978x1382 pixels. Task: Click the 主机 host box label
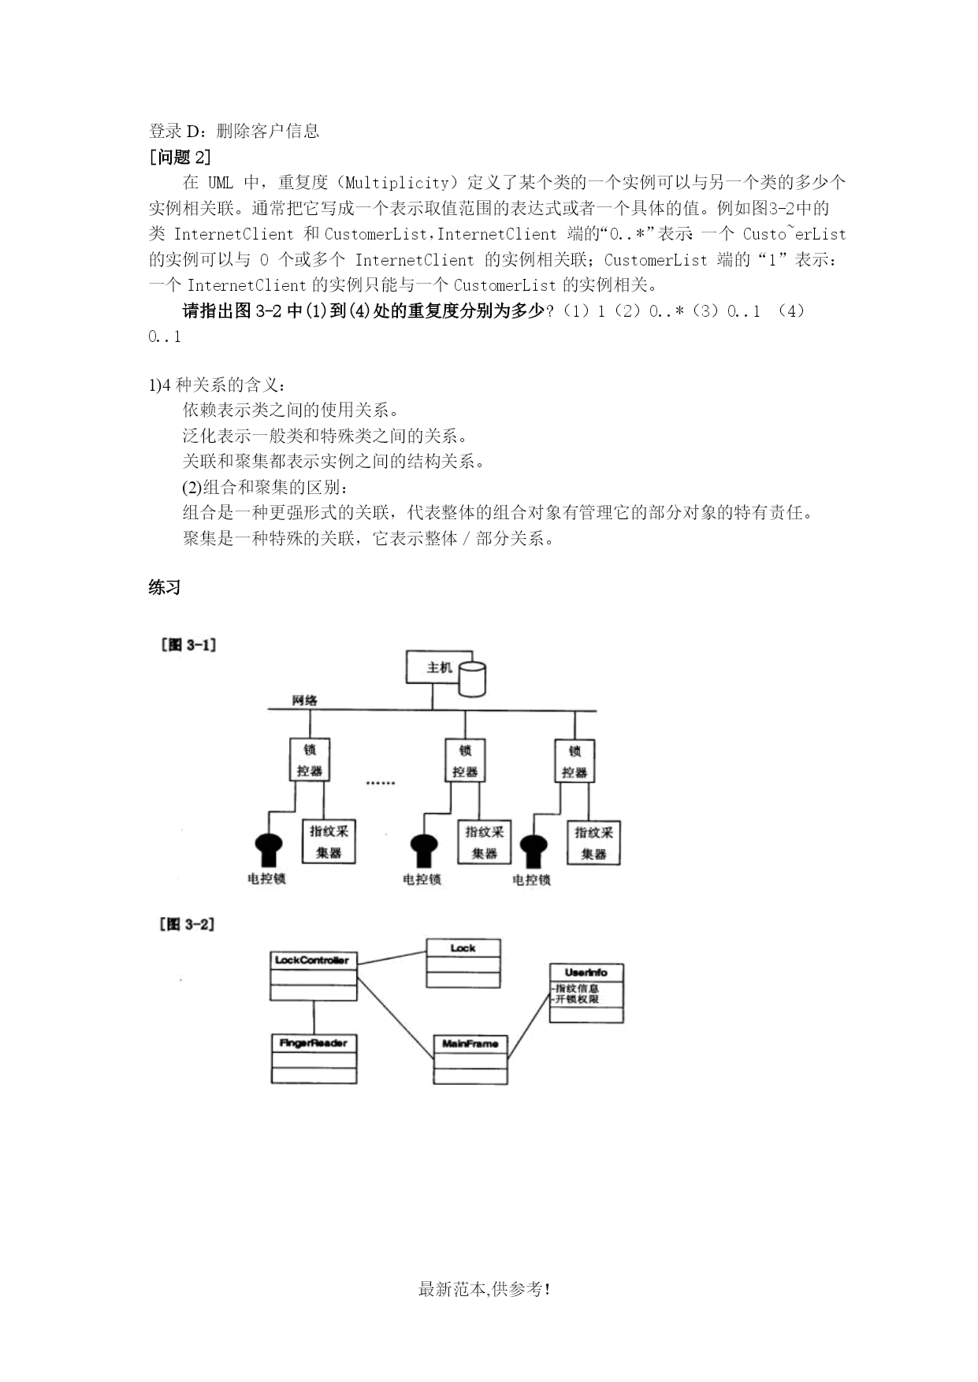pos(440,667)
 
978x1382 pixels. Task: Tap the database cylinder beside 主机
pos(472,679)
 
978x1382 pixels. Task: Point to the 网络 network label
pos(305,700)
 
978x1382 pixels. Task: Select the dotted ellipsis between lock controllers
pos(381,782)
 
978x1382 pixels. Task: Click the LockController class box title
pos(312,960)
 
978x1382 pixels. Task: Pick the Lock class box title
pos(463,948)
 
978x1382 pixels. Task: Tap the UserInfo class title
pos(586,972)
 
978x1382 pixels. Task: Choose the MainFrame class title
pos(470,1043)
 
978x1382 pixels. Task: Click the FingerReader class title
pos(313,1042)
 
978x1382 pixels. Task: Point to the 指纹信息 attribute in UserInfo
pos(576,988)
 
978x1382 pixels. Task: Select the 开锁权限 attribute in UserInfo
pos(576,999)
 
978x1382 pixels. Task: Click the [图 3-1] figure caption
pos(188,645)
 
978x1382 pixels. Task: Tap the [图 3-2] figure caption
pos(188,923)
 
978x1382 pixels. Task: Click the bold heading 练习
pos(165,587)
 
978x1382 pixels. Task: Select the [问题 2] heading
pos(180,157)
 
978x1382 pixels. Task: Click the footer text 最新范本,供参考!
pos(485,1290)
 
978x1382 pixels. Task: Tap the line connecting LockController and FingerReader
pos(314,1017)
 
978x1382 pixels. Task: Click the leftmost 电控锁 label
pos(266,879)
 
